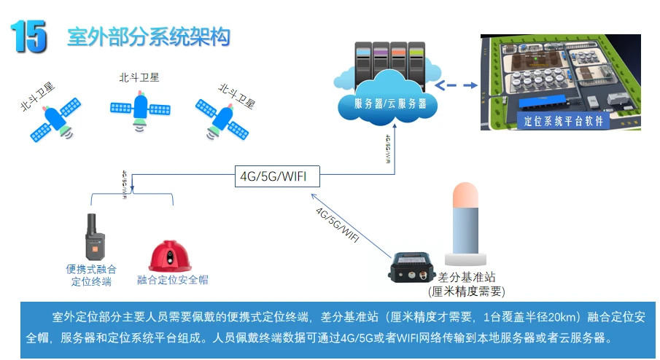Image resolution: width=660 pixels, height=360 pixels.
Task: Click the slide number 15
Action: (28, 36)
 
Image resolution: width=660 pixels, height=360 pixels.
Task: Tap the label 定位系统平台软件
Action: (564, 122)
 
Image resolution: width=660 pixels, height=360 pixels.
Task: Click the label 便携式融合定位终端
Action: (92, 275)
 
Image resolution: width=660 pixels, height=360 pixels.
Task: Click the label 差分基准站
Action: (467, 278)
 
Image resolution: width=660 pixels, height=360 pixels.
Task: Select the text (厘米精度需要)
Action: (467, 291)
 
